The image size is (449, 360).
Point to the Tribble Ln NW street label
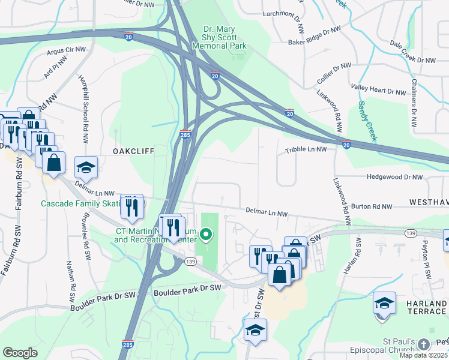[x=306, y=149]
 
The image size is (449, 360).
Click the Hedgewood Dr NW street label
[x=394, y=178]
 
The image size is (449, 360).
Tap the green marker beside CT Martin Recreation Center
[x=206, y=234]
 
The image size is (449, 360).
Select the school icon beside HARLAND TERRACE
[x=384, y=304]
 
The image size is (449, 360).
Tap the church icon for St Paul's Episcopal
[x=424, y=344]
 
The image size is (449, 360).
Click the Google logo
[x=20, y=353]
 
